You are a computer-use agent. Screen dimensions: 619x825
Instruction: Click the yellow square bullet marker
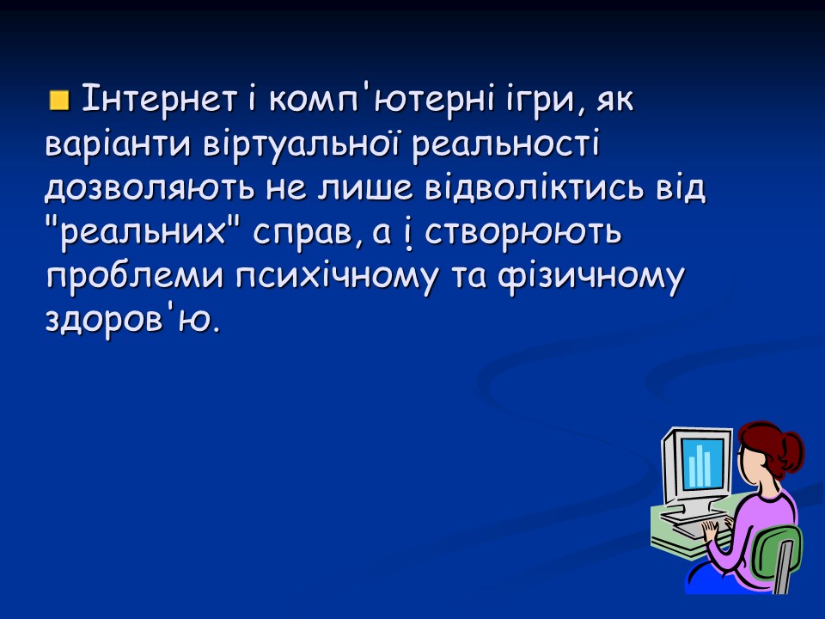pyautogui.click(x=58, y=101)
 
